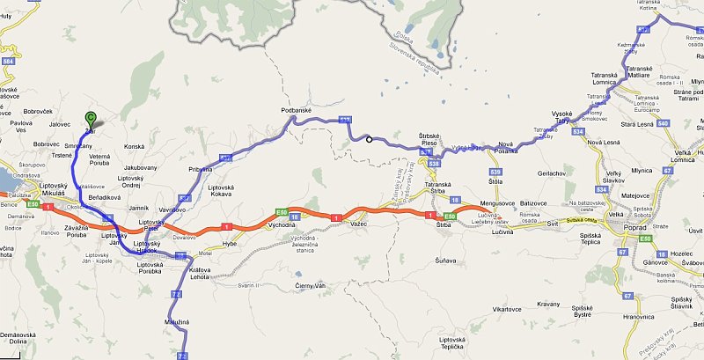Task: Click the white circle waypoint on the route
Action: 370,139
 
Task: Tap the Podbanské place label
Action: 297,110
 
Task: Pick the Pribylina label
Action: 200,167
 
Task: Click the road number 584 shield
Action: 8,62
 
